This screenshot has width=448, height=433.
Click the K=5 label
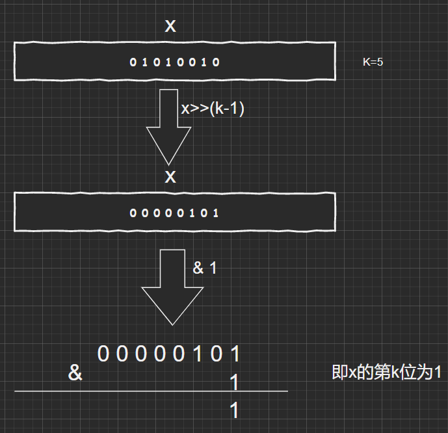pos(377,62)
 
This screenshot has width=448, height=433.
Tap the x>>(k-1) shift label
pos(213,109)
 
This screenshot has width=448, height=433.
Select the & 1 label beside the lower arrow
pos(205,268)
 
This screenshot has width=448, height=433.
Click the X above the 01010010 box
pos(170,27)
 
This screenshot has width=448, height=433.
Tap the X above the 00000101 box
pos(170,177)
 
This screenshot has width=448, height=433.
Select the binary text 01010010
pos(176,62)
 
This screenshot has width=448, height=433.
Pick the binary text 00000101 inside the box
pos(174,213)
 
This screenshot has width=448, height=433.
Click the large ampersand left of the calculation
pos(75,373)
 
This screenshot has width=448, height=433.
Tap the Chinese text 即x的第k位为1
pos(387,373)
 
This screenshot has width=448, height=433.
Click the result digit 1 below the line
pos(235,411)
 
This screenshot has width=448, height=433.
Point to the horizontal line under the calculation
pos(151,391)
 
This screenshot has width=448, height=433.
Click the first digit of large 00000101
pos(103,354)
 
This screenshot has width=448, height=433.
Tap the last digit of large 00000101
pos(235,354)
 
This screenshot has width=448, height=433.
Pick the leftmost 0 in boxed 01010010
pos(133,62)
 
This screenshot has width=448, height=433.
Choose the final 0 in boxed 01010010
pos(218,62)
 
